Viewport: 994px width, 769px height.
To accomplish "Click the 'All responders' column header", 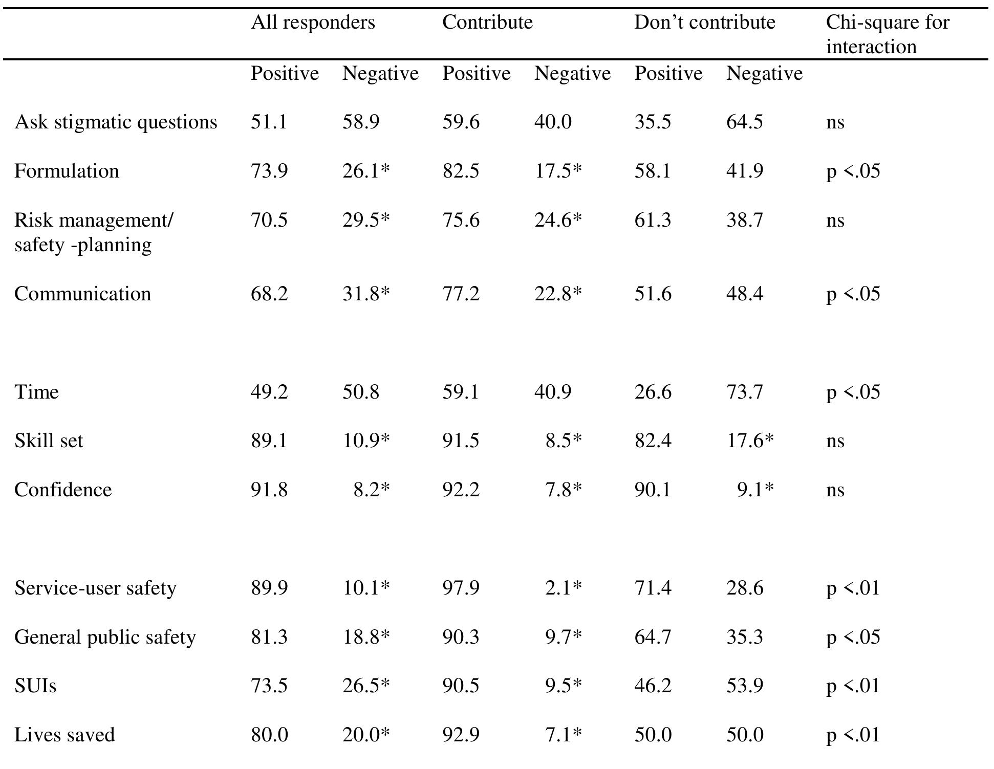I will [x=313, y=23].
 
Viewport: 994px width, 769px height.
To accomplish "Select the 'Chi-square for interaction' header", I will [x=888, y=34].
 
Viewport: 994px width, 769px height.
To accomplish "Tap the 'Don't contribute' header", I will [x=704, y=23].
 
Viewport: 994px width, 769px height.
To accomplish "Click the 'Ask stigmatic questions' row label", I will [x=116, y=122].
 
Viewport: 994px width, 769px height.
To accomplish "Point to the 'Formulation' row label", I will [x=67, y=171].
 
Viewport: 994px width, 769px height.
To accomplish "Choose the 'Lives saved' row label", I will [x=64, y=735].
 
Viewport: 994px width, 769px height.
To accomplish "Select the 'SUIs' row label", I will [x=35, y=686].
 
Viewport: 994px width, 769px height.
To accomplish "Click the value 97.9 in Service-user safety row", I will [x=461, y=588].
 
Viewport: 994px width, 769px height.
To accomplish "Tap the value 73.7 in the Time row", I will [x=744, y=392].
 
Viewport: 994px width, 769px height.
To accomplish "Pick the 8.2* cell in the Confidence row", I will [x=372, y=490].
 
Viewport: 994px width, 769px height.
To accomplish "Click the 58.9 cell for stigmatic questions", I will [x=361, y=122].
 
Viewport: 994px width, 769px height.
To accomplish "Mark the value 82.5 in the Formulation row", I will [x=461, y=171].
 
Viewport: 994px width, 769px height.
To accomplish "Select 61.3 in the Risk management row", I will [x=653, y=220].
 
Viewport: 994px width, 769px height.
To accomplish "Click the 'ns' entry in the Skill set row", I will [x=835, y=441].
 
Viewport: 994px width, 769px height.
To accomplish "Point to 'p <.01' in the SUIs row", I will [x=853, y=686].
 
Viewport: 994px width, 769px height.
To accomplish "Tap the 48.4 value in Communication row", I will [x=744, y=294].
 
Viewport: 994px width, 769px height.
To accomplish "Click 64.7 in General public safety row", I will [x=653, y=637].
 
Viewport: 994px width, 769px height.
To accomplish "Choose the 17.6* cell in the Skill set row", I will [x=750, y=441].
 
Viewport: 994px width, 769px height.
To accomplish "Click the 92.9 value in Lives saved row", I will [x=461, y=735].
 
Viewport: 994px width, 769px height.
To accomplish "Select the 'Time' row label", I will [x=36, y=392].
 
